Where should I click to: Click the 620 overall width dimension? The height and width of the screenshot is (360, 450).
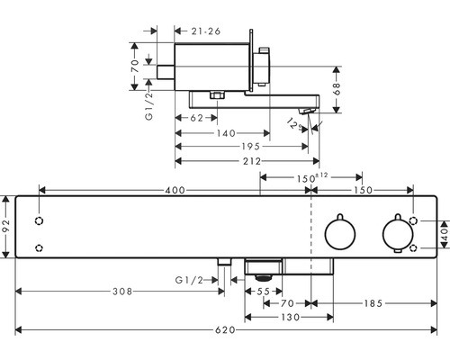[225, 330]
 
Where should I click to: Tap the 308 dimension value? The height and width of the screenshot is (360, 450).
[122, 292]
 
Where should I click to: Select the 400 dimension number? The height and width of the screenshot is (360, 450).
[175, 190]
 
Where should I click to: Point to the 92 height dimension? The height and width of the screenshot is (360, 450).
[6, 226]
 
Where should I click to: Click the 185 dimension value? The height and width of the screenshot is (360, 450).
[373, 303]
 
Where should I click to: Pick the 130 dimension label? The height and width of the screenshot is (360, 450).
[291, 317]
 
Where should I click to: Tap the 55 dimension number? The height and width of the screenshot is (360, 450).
[264, 292]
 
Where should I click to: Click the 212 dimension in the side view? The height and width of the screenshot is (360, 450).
[252, 161]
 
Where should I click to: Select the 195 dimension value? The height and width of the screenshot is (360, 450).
[251, 147]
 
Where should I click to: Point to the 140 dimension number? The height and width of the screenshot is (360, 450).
[227, 133]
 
